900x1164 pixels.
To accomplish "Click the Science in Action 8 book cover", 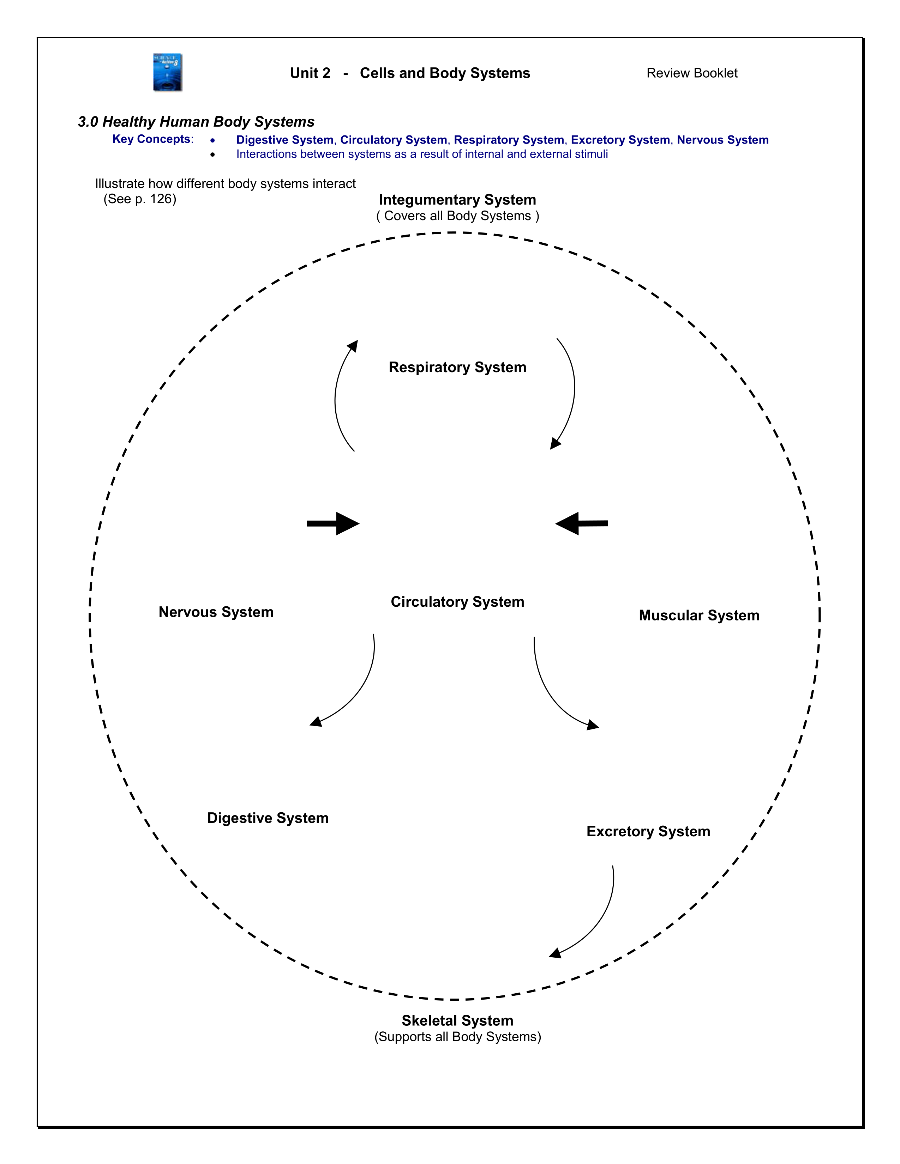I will coord(167,72).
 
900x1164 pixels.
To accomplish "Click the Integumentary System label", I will coord(457,200).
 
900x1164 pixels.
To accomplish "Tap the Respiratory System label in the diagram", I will coord(457,367).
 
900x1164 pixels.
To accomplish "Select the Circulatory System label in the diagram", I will coord(457,602).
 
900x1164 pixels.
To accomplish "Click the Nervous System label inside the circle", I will coord(216,612).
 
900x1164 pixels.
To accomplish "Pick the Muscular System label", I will coord(698,615).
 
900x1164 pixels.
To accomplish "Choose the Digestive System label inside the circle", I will coord(268,818).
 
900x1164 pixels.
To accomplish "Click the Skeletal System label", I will coord(457,1021).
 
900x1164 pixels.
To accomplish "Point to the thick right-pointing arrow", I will coord(333,523).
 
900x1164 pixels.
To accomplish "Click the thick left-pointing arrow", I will coord(582,523).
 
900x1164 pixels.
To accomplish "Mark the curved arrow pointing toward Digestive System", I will coord(357,687).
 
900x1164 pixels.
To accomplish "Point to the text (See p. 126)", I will coord(140,199).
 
